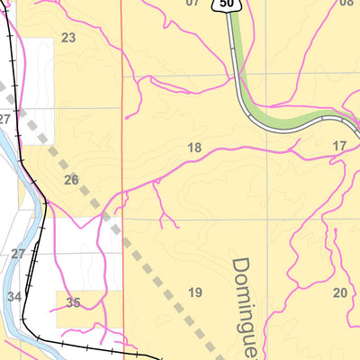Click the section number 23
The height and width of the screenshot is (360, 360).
coord(68,38)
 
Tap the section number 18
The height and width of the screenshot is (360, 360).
coord(193,148)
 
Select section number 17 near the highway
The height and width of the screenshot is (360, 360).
coord(339,146)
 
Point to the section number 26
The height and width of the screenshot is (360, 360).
coord(72,180)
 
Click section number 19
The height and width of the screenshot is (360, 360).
coord(195,292)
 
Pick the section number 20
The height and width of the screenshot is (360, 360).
coord(339,292)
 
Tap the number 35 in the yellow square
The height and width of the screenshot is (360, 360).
coord(73,303)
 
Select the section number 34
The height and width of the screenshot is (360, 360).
coord(13,296)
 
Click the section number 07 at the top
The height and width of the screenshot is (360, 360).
coord(192,3)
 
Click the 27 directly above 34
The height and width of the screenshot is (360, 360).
coord(18,254)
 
